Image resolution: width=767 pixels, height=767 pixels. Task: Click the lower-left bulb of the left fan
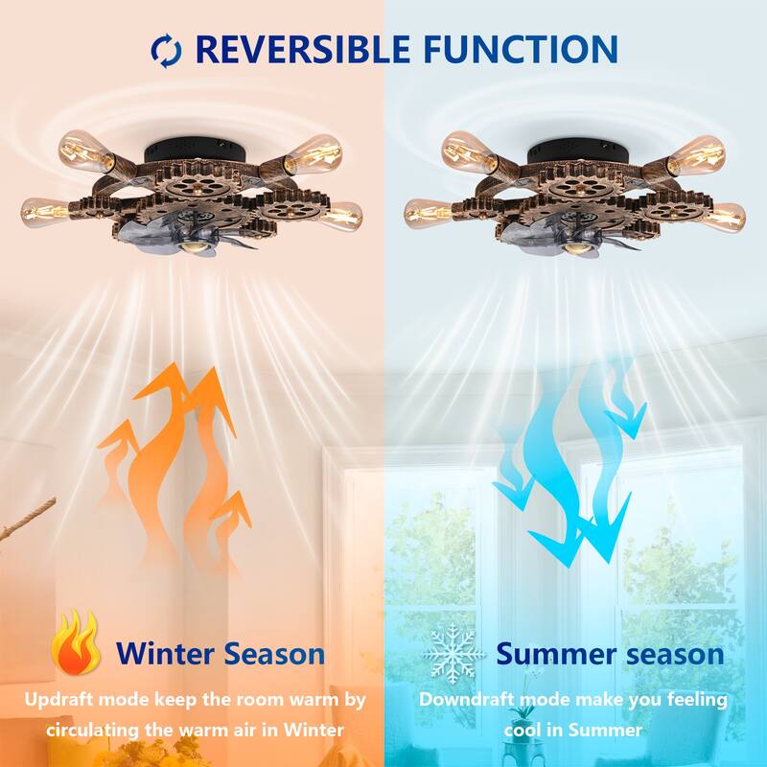(x=43, y=209)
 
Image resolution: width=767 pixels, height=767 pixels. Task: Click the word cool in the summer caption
(x=529, y=729)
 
